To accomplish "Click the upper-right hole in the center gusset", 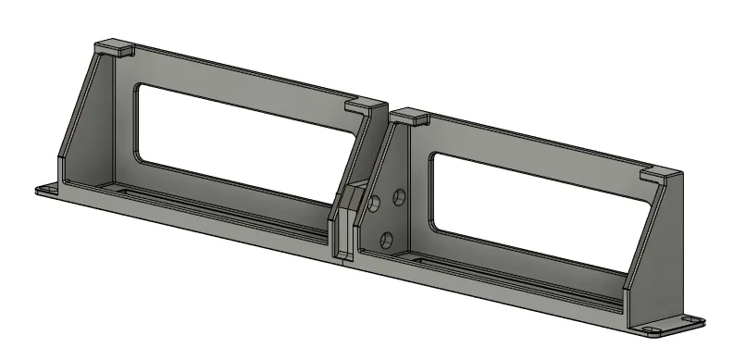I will (x=400, y=195).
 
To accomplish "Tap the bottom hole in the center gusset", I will (x=387, y=240).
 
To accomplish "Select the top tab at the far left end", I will (x=116, y=45).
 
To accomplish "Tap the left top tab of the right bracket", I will (x=408, y=117).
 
